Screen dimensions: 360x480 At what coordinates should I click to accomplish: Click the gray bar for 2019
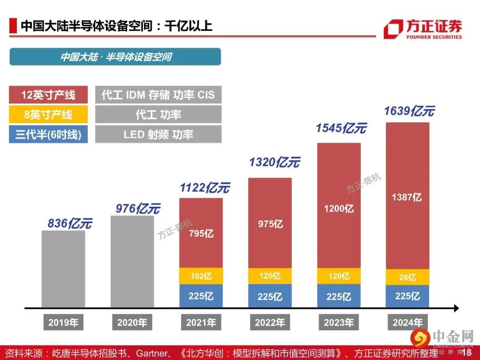coord(63,269)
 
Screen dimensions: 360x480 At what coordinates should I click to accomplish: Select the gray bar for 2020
coord(132,261)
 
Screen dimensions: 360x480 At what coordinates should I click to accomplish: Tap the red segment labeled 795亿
coord(201,233)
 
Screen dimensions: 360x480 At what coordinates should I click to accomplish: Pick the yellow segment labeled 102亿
coord(201,276)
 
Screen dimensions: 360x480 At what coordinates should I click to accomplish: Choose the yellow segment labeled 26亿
coord(407,277)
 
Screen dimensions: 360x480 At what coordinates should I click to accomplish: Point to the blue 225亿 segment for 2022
coord(270,296)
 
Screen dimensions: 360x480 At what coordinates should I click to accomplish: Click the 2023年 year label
coord(339,323)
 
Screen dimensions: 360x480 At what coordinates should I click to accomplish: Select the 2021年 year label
coord(201,323)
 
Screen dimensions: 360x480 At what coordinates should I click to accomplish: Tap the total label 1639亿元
coord(409,111)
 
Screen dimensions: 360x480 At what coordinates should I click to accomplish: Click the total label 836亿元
coord(69,224)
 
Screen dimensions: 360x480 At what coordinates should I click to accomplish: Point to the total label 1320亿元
coord(274,162)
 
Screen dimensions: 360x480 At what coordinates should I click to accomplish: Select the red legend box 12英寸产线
coord(48,95)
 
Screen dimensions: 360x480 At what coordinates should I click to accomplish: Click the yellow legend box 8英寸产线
coord(48,115)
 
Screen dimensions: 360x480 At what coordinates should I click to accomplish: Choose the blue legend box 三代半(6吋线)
coord(48,134)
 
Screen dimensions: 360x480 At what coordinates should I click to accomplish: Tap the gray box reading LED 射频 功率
coord(158,134)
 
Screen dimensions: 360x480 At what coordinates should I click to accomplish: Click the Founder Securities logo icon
coord(393,29)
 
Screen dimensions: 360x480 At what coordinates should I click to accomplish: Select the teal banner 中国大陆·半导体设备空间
coord(115,57)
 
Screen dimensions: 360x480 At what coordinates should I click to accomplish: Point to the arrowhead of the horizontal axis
coord(456,308)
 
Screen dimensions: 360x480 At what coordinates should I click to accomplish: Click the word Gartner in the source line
coord(152,353)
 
